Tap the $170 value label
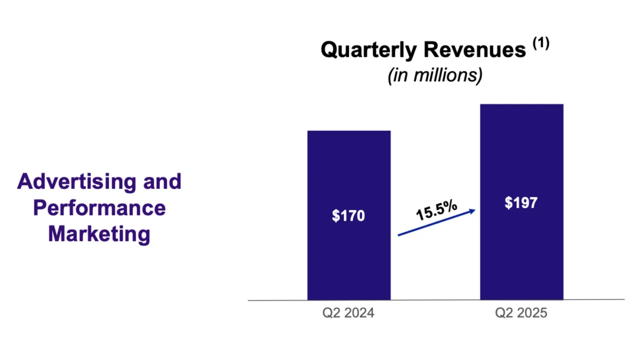[349, 216]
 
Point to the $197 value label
[522, 203]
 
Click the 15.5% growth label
[436, 211]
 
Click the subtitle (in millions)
[435, 75]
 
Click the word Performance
[99, 208]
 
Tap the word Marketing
[99, 234]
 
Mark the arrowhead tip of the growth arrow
[474, 211]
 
